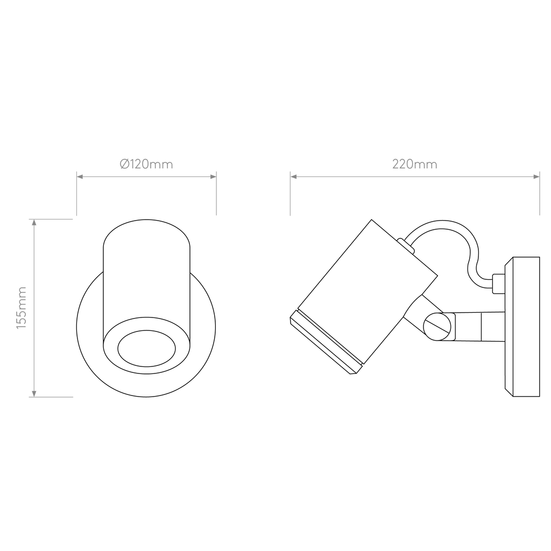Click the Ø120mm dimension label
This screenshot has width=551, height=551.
[x=146, y=164]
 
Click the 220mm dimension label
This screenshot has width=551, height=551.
[x=415, y=164]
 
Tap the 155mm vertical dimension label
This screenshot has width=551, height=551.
[x=22, y=307]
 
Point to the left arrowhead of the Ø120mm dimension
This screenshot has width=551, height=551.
[x=80, y=176]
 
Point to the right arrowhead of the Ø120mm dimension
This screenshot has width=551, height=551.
[x=213, y=176]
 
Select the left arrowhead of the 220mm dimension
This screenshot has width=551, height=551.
[x=293, y=176]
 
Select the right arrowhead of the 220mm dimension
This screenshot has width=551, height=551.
[x=536, y=176]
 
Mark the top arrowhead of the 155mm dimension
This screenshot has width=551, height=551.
[x=34, y=222]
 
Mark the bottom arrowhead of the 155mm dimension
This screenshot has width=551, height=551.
[x=34, y=394]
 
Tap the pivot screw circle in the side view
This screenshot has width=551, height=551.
[x=437, y=327]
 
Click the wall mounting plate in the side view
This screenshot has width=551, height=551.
[x=522, y=327]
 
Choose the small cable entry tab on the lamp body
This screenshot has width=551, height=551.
[x=406, y=245]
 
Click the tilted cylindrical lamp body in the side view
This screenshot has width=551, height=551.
[x=368, y=292]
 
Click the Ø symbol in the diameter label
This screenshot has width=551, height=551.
[x=125, y=164]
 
